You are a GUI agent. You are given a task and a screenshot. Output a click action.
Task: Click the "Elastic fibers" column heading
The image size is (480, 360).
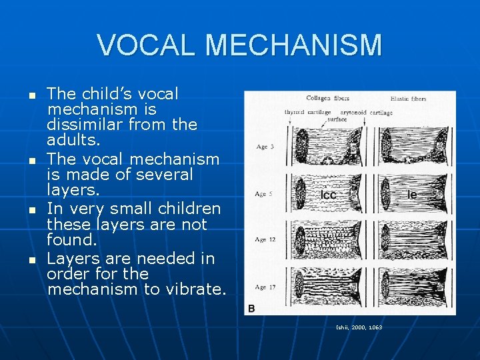[x=408, y=99]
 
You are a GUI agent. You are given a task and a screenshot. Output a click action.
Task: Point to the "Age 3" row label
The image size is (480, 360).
[x=264, y=147]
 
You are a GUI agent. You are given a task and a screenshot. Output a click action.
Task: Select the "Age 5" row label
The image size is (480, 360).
[x=264, y=194]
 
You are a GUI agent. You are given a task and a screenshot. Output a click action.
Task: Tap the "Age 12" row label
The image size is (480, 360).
[x=265, y=239]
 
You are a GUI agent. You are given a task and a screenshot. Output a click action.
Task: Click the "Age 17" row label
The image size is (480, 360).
[x=265, y=287]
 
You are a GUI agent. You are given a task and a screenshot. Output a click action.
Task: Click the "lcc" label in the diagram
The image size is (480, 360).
[x=328, y=195]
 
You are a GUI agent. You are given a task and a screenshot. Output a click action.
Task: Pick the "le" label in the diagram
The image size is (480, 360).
[x=412, y=195]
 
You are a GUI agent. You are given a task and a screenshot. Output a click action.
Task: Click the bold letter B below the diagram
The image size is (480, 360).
[x=251, y=308]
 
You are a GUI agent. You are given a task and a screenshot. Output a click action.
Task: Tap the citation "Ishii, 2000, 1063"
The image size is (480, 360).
[x=359, y=327]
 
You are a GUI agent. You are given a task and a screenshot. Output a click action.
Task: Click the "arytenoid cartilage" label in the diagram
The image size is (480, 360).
[x=367, y=113]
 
